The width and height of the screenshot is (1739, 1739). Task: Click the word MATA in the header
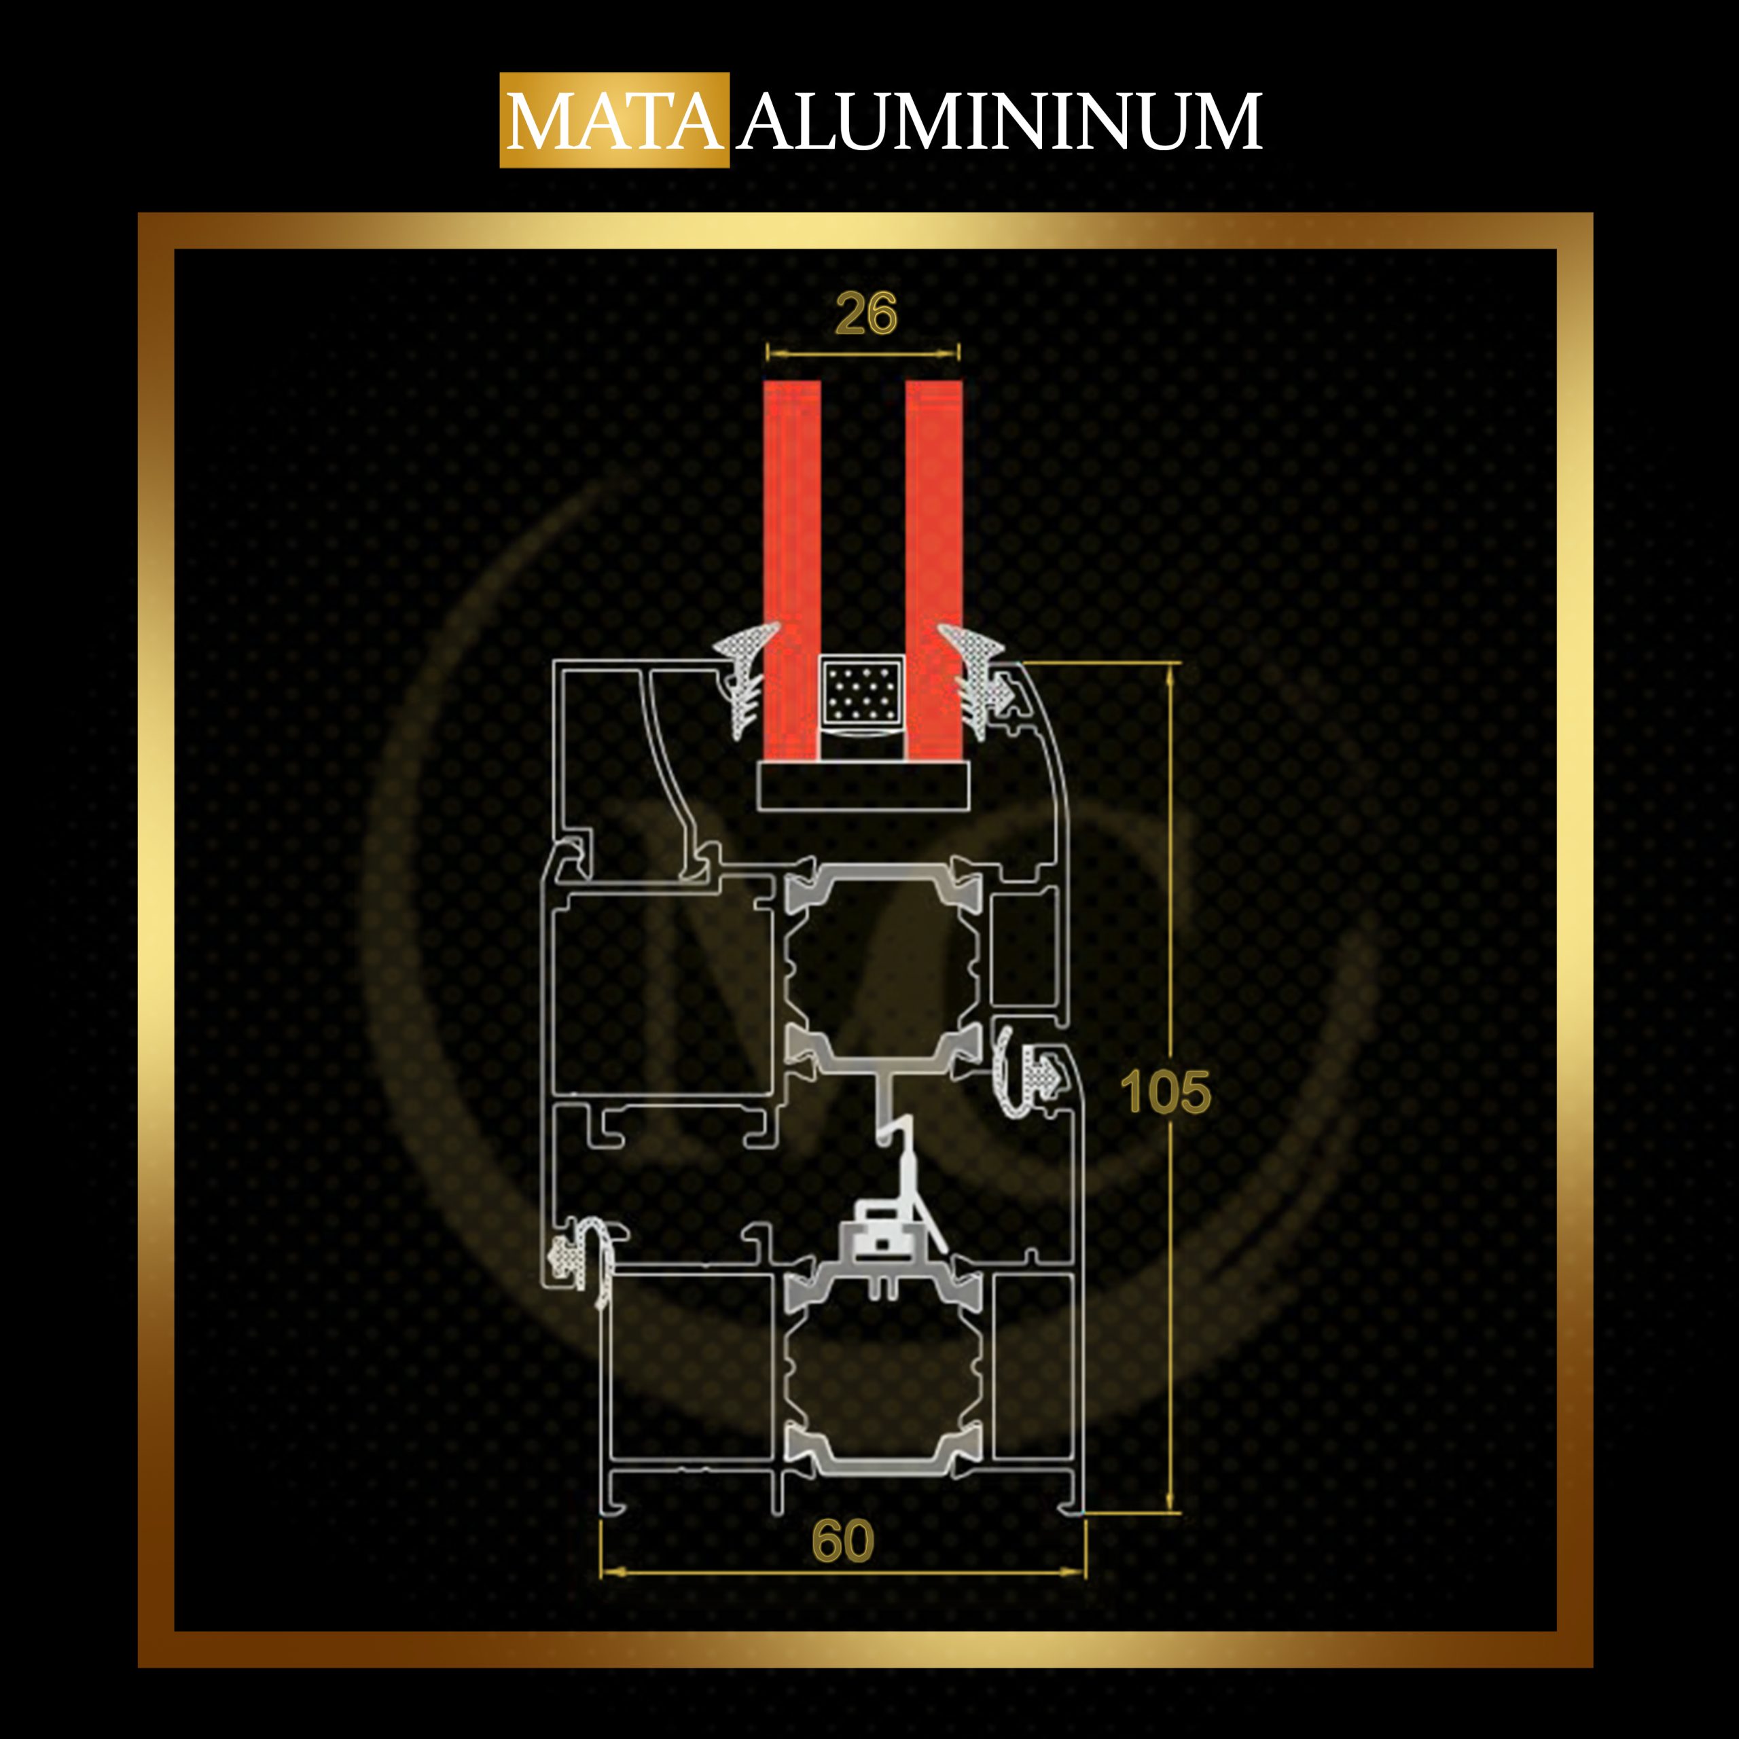615,121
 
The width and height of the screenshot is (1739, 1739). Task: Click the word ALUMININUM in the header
1000,121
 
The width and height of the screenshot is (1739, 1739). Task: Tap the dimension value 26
866,313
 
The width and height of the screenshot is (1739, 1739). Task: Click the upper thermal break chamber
882,963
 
